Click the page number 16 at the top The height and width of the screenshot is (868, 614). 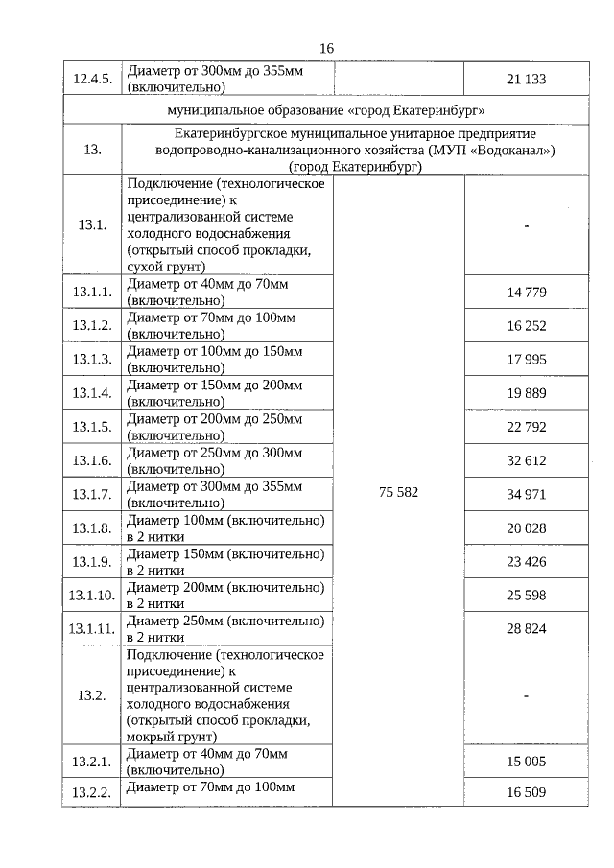(326, 49)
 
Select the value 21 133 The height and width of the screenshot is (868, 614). (526, 79)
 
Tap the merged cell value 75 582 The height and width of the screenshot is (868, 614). (398, 491)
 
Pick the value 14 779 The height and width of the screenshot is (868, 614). (526, 293)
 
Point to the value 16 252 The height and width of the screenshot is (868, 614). (526, 326)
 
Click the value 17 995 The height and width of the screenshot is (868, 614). (526, 360)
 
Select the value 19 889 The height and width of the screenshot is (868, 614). (526, 393)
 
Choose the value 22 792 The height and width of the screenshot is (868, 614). (526, 427)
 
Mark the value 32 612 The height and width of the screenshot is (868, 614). (526, 460)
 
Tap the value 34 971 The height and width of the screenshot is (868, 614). (526, 494)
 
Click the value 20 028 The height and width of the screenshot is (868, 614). (526, 528)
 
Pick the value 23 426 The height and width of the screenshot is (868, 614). (526, 562)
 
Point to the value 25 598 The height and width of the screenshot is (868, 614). (526, 596)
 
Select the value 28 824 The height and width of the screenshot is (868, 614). (526, 629)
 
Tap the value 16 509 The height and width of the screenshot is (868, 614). (526, 792)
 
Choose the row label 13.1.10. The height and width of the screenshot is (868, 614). (92, 596)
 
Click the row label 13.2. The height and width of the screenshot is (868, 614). (92, 695)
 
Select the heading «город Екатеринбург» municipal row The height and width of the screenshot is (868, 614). (326, 111)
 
